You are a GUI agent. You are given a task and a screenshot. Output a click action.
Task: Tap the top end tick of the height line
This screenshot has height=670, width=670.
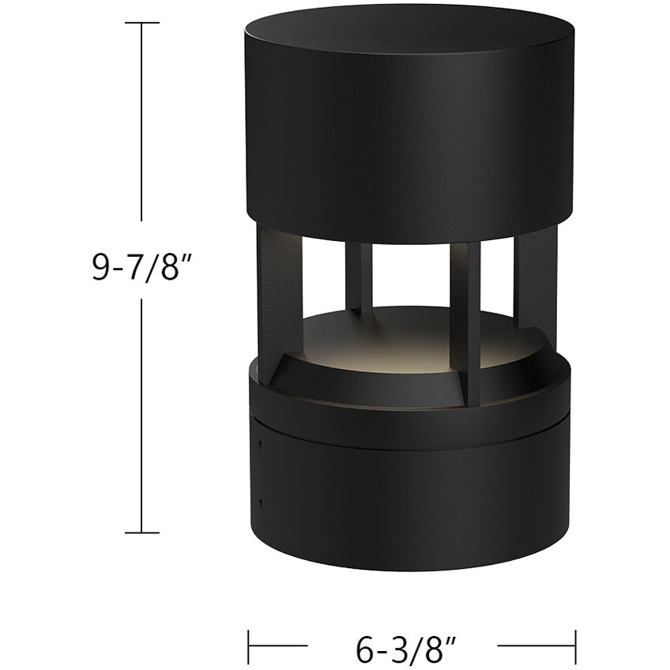tap(143, 24)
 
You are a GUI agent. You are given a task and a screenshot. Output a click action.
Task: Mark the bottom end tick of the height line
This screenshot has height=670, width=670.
tap(143, 532)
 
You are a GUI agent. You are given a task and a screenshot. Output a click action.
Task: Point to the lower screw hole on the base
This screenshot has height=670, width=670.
tap(260, 500)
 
